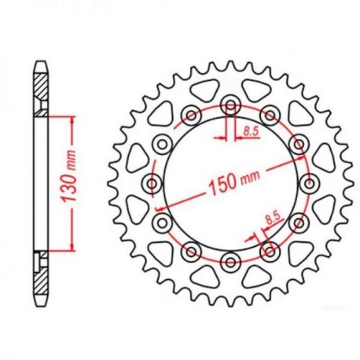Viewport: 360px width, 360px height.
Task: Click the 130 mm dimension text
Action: pyautogui.click(x=68, y=176)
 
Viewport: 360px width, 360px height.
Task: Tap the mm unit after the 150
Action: pyautogui.click(x=251, y=178)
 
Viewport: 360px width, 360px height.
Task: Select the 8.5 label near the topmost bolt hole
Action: pyautogui.click(x=251, y=130)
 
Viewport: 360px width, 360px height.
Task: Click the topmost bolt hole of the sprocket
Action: pyautogui.click(x=230, y=105)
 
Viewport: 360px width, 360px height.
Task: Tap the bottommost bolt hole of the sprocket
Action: pyautogui.click(x=230, y=262)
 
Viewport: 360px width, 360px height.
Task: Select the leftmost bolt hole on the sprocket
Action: pyautogui.click(x=152, y=183)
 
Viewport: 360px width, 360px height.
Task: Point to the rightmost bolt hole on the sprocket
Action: pyautogui.click(x=309, y=183)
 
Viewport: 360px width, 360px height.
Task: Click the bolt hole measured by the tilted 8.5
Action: pyautogui.click(x=270, y=252)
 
